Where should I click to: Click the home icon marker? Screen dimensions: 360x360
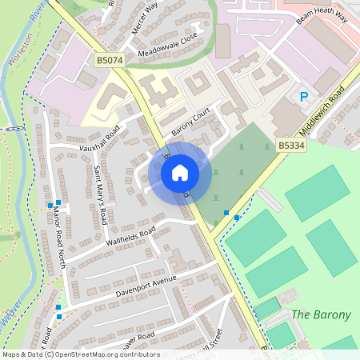(180, 173)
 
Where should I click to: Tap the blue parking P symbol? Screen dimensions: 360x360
(304, 98)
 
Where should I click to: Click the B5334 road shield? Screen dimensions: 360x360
(292, 146)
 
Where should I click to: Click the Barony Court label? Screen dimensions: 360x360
(189, 120)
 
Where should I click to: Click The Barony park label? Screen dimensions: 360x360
(321, 314)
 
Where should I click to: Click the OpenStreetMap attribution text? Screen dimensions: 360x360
(81, 354)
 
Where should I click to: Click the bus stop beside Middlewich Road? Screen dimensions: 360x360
(226, 214)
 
